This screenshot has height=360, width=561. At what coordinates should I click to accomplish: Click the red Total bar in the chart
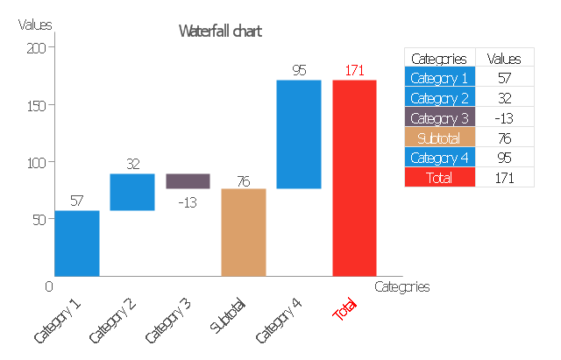click(354, 178)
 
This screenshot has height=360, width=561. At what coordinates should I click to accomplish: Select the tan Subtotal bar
click(244, 232)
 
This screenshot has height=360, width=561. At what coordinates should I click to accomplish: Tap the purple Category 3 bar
click(188, 180)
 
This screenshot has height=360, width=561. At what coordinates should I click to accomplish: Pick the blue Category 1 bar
click(77, 243)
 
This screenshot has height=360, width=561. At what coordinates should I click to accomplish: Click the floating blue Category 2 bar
click(132, 192)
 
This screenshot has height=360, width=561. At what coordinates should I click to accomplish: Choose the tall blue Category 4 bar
click(299, 134)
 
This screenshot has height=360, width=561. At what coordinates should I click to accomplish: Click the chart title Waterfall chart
click(220, 32)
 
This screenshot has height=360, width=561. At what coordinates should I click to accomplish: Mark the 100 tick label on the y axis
click(36, 162)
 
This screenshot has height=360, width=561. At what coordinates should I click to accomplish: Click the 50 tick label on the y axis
click(39, 219)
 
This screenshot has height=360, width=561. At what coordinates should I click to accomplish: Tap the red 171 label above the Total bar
click(354, 70)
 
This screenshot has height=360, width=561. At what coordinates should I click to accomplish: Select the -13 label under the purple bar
click(187, 201)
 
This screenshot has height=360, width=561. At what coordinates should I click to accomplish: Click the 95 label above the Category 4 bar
click(299, 70)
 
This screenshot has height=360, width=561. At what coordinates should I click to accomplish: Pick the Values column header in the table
click(503, 59)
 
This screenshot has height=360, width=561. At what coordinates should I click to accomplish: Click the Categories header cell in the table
click(438, 59)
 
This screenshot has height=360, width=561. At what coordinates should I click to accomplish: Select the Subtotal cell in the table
click(438, 138)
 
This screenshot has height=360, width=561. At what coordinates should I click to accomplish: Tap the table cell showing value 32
click(503, 98)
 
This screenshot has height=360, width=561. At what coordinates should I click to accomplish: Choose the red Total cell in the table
click(438, 177)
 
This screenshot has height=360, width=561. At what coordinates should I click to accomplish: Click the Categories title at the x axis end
click(401, 286)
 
